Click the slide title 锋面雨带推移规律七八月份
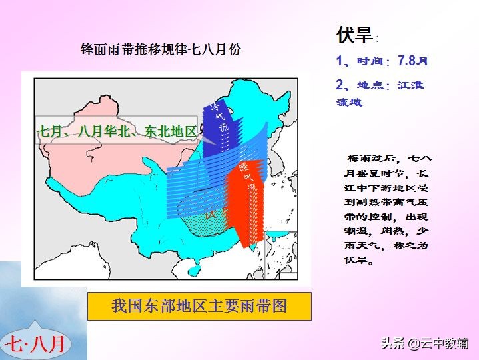point(160,49)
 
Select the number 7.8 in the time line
point(407,61)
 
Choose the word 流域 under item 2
point(349,102)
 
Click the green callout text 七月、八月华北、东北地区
point(117,132)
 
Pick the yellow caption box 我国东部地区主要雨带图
point(199,306)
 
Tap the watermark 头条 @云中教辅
point(424,344)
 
